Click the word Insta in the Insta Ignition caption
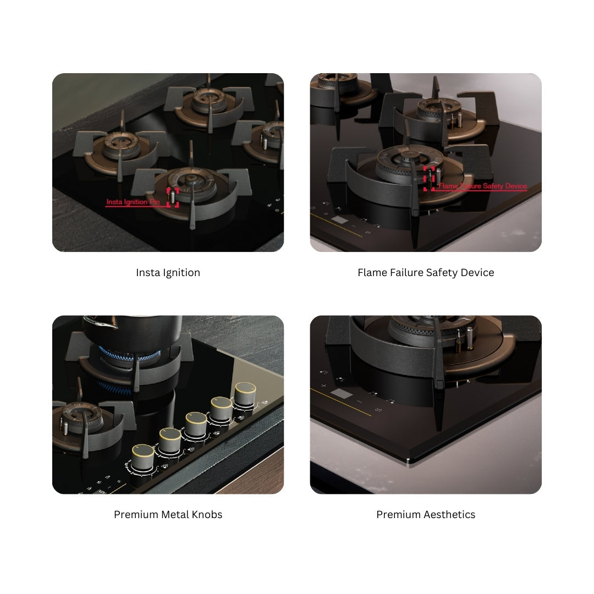147,272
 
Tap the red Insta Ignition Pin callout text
134,202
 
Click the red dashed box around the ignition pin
173,196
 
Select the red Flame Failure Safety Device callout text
482,186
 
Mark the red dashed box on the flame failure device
429,178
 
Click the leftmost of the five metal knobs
143,456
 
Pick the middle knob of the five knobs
196,424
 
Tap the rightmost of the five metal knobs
245,393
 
